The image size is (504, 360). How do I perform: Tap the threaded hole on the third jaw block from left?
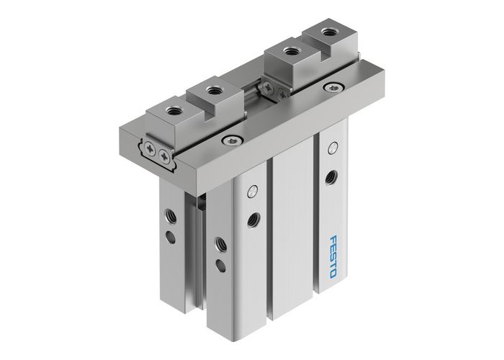[x=290, y=51]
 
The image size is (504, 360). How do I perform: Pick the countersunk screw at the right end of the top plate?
[x=331, y=88]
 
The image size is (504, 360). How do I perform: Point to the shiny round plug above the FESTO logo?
[x=331, y=149]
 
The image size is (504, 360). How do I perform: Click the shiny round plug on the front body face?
[x=251, y=192]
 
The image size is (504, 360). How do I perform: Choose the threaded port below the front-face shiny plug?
[x=252, y=217]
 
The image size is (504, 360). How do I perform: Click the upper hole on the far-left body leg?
[x=169, y=212]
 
